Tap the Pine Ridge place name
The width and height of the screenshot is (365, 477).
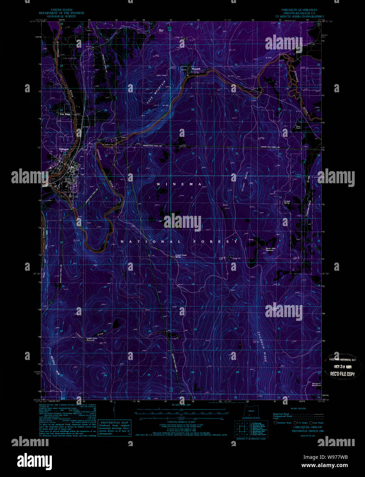65,114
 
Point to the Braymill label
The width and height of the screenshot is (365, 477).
196,69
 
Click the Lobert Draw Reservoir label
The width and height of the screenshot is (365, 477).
93,340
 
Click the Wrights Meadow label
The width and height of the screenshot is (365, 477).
317,384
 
